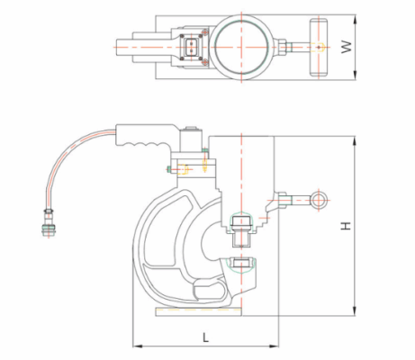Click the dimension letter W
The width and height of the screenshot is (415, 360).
[347, 47]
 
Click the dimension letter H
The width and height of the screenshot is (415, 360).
[346, 226]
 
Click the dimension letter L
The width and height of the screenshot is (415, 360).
[205, 337]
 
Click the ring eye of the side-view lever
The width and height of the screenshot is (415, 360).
[319, 200]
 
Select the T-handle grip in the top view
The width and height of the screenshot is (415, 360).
[319, 48]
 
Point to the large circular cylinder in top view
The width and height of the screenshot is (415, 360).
[242, 47]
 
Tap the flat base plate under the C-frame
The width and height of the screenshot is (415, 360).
[198, 311]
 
